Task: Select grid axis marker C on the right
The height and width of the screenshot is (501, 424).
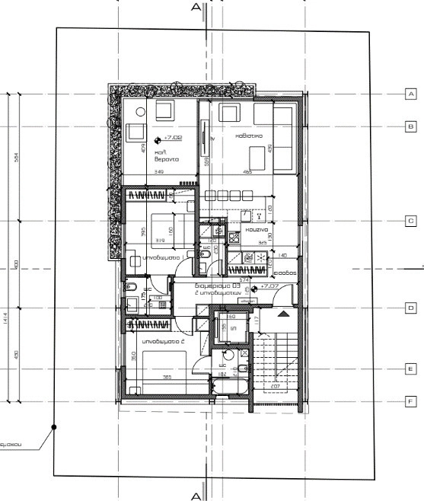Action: tap(411, 220)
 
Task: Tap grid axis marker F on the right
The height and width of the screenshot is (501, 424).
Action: tap(411, 400)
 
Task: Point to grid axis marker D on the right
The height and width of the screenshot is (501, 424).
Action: tap(411, 308)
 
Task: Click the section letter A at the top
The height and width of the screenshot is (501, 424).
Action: tap(196, 7)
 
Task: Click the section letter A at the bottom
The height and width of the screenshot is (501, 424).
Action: tap(196, 496)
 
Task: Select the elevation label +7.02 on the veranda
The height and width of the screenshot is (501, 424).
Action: tap(174, 139)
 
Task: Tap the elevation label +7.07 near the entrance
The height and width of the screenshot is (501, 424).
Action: tap(269, 286)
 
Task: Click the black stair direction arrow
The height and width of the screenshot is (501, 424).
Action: tap(283, 313)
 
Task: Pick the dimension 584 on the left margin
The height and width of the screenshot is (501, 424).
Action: tap(16, 157)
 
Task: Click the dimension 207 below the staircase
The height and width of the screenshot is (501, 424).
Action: tap(275, 387)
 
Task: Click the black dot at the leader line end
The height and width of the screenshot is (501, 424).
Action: tap(53, 428)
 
